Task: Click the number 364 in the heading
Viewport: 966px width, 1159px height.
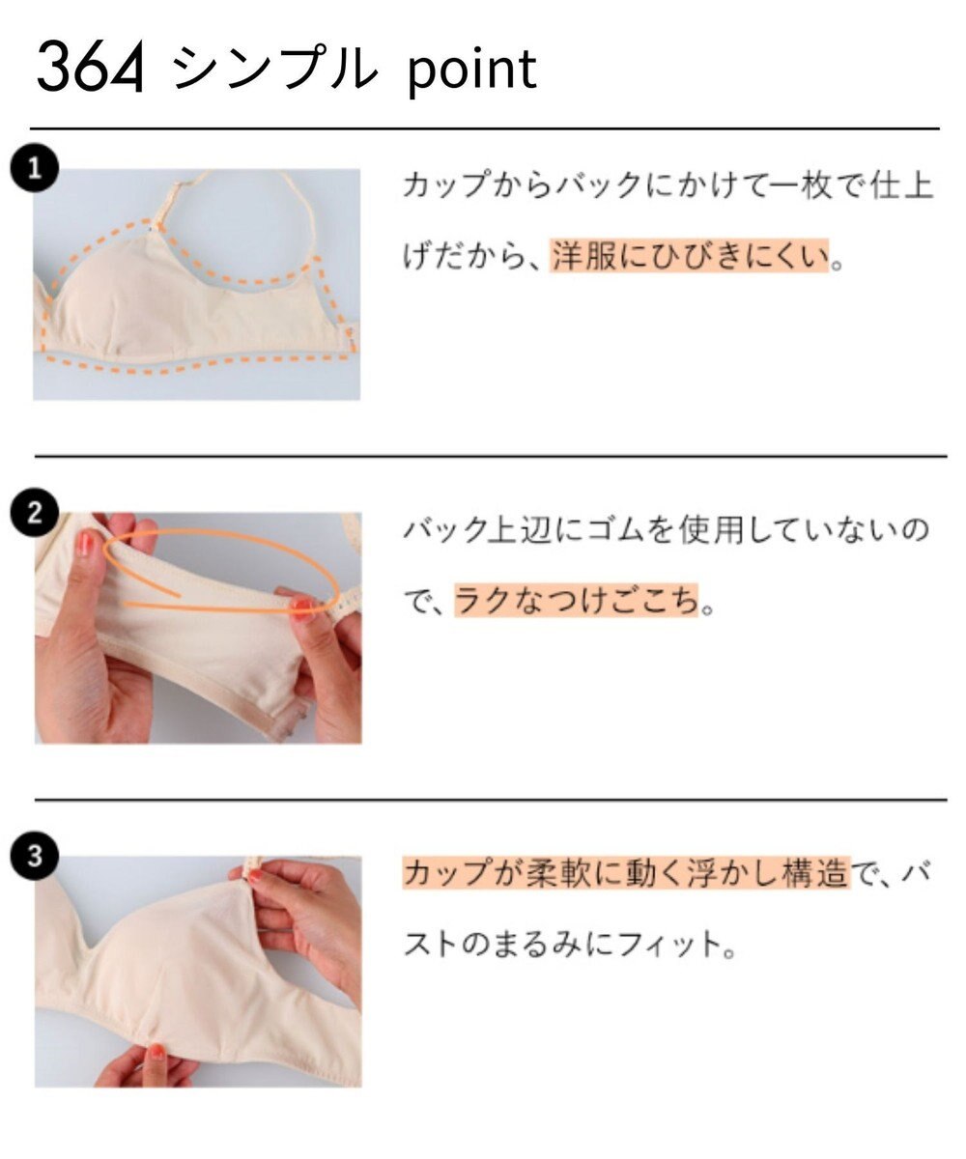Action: tap(90, 70)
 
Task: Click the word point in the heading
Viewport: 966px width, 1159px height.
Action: tap(471, 70)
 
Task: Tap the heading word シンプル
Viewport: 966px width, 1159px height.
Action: tap(272, 70)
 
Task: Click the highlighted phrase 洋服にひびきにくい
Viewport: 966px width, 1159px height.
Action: tap(690, 257)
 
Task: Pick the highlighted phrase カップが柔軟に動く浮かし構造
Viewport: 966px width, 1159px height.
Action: tap(625, 875)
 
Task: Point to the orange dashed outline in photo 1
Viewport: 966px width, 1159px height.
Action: tap(193, 366)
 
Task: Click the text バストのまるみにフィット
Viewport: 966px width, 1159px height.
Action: tap(570, 944)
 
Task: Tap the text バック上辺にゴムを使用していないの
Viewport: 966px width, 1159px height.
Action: tap(668, 530)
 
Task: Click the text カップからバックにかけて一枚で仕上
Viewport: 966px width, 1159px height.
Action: tap(668, 186)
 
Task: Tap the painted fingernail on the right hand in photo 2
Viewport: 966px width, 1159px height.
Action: tap(301, 608)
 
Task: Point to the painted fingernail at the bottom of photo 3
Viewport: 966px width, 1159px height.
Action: tap(156, 1051)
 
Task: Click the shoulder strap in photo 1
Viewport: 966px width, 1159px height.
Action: tap(184, 194)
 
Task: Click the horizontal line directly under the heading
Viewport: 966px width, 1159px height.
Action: tap(483, 127)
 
